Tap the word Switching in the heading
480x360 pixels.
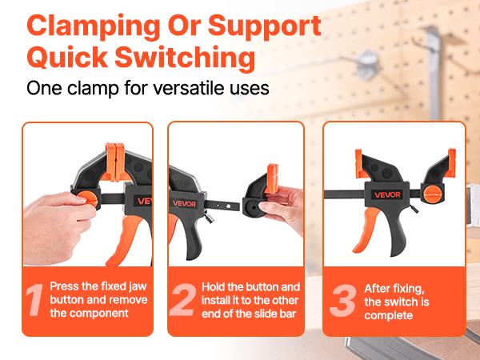click(x=185, y=58)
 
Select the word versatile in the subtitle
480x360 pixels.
click(x=203, y=88)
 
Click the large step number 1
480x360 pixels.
click(x=34, y=300)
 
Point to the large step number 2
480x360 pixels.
click(x=183, y=300)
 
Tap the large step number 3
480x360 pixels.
click(x=343, y=300)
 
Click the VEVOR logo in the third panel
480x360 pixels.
click(x=387, y=194)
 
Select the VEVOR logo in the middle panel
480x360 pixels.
click(x=184, y=203)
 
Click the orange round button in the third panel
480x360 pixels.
click(x=434, y=194)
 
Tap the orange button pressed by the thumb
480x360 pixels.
click(x=87, y=199)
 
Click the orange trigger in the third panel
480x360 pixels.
click(x=366, y=230)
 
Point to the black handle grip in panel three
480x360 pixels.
click(x=397, y=232)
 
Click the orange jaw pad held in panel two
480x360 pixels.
click(x=271, y=179)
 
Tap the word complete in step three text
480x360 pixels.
click(x=389, y=316)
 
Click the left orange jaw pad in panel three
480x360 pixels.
click(x=360, y=164)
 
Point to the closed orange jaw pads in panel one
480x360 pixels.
click(x=115, y=162)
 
